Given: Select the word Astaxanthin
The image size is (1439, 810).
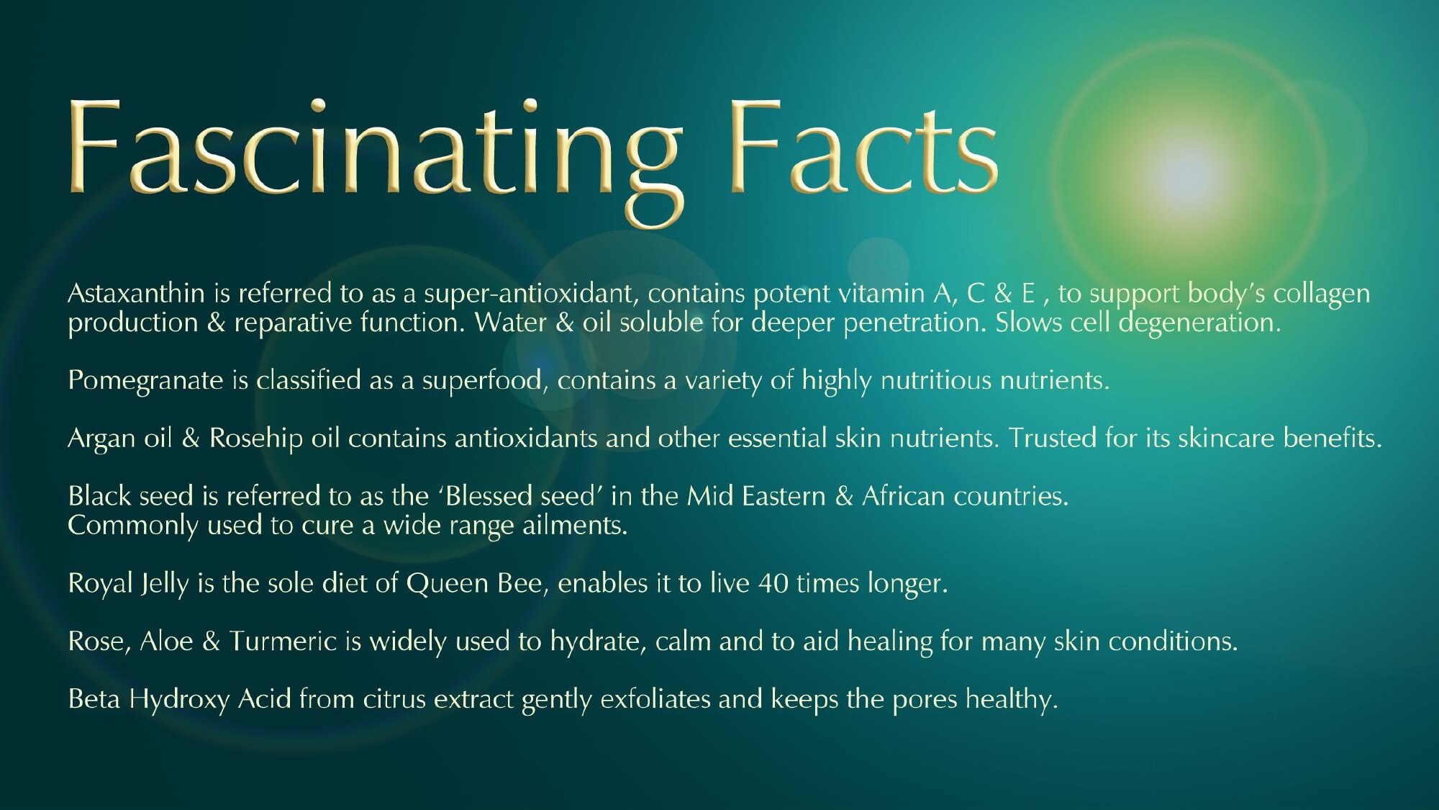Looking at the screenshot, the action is (x=136, y=293).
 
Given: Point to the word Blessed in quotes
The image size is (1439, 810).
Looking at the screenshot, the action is (x=490, y=496).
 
